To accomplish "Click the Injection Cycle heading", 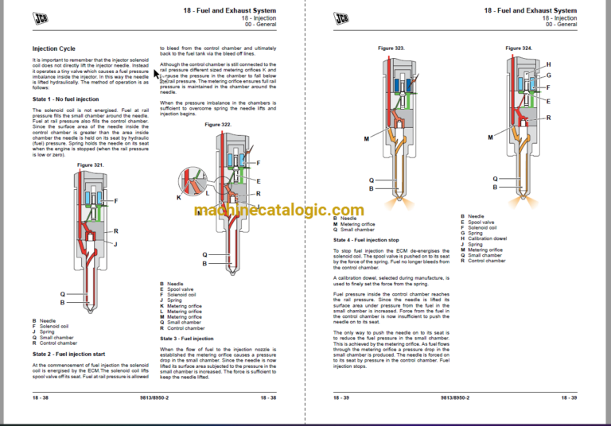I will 54,48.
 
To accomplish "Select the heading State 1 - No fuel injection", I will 65,99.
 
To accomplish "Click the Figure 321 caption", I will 91,164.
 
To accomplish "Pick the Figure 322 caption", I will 218,125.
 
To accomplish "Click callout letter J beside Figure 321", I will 115,244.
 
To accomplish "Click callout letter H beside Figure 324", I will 548,64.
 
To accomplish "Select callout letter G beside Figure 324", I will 548,75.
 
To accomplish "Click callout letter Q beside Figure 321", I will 63,292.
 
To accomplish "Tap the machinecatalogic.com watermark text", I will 305,210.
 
